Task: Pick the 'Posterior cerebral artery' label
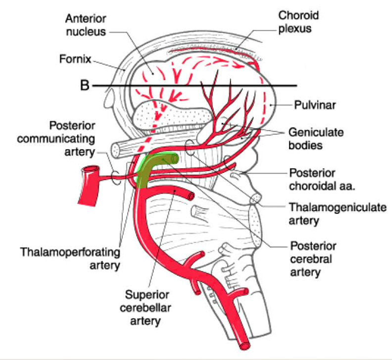click(313, 258)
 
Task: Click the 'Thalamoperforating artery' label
click(70, 258)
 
